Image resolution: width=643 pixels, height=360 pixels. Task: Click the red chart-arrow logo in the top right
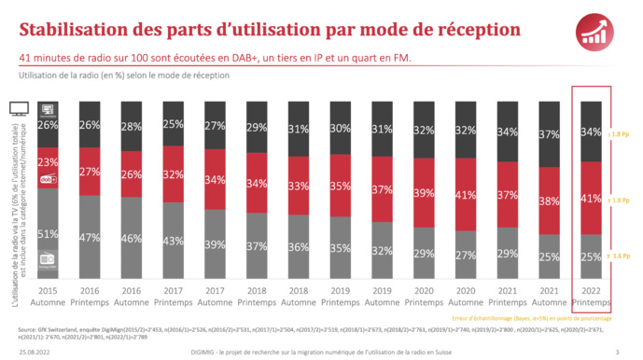click(x=603, y=32)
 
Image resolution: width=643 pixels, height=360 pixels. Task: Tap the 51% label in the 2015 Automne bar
click(x=49, y=233)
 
